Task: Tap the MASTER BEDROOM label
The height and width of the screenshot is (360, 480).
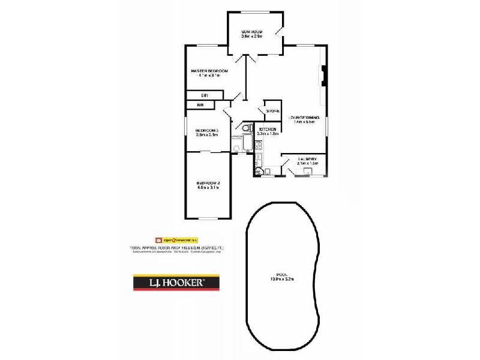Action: point(205,71)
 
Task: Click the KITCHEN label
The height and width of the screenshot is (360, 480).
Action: point(267,130)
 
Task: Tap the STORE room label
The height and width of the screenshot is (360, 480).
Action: point(273,111)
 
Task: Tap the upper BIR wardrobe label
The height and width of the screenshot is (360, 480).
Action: point(204,95)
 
